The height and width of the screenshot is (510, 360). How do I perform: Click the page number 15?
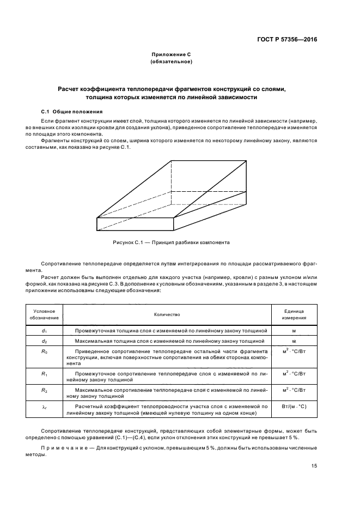(x=314, y=465)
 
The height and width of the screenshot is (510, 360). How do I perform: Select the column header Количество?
(x=167, y=314)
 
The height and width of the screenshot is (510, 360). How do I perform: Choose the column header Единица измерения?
(x=294, y=314)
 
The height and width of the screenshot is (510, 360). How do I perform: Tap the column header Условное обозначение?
(x=44, y=314)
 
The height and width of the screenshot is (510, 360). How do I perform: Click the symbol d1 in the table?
(x=44, y=331)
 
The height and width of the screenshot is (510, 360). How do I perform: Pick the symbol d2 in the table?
(x=44, y=341)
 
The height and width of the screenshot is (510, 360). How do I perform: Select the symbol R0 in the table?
(x=44, y=351)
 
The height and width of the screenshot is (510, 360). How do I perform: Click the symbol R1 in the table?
(x=44, y=373)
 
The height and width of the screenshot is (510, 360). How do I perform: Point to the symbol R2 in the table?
(x=44, y=391)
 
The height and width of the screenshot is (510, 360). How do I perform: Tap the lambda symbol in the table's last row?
(x=44, y=407)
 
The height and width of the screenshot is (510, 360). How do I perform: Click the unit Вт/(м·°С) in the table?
(x=294, y=407)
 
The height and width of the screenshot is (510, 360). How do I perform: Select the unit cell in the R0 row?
(x=294, y=351)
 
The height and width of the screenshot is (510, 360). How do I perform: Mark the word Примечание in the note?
(x=63, y=447)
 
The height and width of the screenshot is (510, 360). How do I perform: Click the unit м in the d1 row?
(x=294, y=331)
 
